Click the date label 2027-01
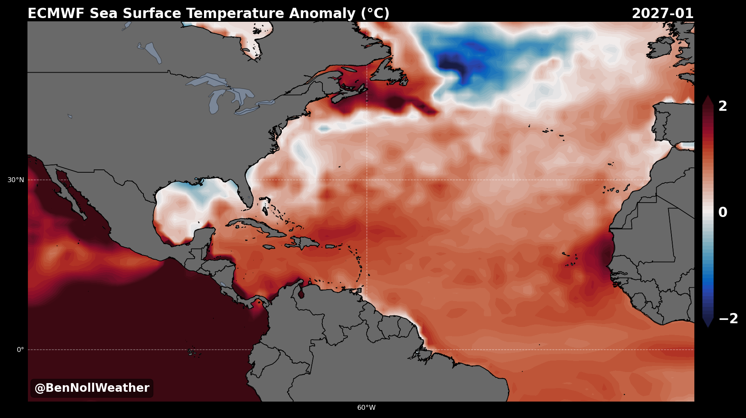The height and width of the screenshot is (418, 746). pos(662,14)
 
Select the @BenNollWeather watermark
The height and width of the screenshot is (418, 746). pos(92,388)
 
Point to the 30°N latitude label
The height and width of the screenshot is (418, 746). pos(16,180)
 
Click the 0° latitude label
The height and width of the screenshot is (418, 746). pos(20,349)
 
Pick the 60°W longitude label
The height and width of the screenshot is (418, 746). pos(366,407)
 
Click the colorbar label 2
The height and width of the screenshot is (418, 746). pos(723,106)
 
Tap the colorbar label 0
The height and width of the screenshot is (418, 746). pos(723,212)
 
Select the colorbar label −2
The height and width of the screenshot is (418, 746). pos(728,318)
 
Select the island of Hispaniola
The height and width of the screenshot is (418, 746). pos(304,242)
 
